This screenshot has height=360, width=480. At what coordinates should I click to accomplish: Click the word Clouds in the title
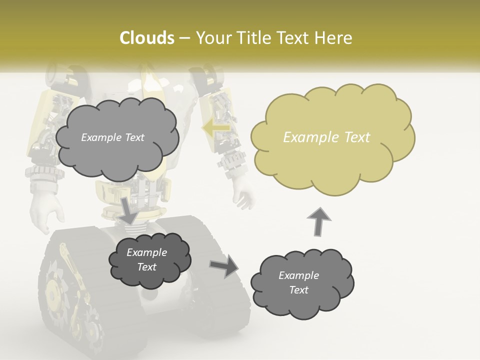[147, 38]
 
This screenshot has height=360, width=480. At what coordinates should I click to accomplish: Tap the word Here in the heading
[335, 38]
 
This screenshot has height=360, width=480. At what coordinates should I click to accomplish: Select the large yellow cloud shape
[333, 160]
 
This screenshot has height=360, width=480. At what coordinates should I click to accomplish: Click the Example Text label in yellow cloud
[326, 137]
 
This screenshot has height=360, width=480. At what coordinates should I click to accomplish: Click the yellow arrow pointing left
[215, 128]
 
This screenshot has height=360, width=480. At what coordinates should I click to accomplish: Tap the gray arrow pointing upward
[318, 221]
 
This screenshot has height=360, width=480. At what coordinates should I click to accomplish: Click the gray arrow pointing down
[128, 210]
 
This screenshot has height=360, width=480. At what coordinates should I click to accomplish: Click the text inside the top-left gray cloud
[112, 137]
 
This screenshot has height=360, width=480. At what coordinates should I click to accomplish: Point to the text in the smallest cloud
[146, 259]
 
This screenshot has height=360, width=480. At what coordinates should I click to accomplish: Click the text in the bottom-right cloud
[298, 282]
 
